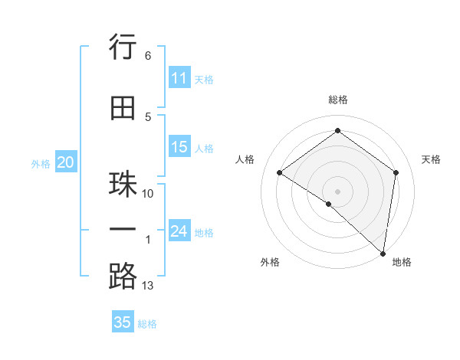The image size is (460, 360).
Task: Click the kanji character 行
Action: coord(123,47)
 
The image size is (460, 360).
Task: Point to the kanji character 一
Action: coord(123,230)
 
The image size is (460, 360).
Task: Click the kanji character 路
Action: coord(123,276)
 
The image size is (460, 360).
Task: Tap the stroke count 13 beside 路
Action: coord(148,286)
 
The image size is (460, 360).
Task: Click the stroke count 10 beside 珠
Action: coord(148,194)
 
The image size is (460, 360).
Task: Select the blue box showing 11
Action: coord(179,78)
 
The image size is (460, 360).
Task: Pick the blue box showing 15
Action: coord(179,147)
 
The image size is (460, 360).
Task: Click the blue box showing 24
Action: coord(179,231)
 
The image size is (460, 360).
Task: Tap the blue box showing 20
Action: coord(66,162)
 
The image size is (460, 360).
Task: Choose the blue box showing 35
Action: coord(123,322)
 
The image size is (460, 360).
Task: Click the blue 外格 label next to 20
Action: coord(41,163)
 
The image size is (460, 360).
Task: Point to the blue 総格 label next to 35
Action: coord(147,324)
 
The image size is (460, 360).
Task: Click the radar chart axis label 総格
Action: coord(338,100)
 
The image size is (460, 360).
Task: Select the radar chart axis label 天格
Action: coord(432,159)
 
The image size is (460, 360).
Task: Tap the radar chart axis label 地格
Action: coord(402,262)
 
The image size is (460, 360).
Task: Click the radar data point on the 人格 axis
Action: coord(280,172)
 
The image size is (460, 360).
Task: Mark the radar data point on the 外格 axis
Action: coord(329,204)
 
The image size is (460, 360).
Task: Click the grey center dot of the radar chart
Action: coord(338,191)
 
